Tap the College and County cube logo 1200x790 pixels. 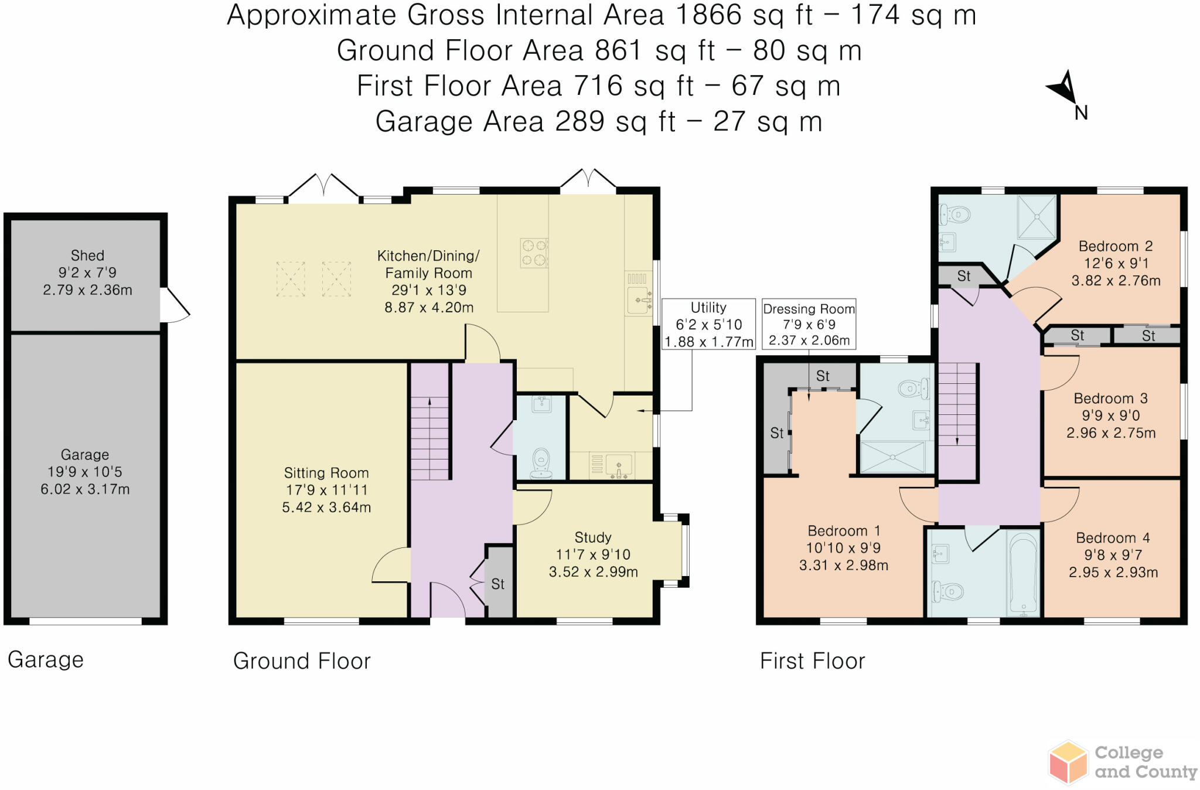[1068, 762]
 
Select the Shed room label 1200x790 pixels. [87, 256]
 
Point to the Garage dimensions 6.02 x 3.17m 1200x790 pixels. [85, 489]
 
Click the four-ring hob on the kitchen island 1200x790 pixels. [534, 253]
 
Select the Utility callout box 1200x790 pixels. [708, 324]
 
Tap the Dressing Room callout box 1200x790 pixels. [809, 324]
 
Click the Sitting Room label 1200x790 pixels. [326, 473]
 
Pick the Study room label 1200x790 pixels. [593, 537]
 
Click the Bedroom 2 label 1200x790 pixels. [1116, 246]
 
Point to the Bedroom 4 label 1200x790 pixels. [1113, 538]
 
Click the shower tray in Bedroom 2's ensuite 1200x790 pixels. [1037, 217]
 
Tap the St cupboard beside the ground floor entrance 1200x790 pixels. [499, 584]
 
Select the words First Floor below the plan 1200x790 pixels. [812, 661]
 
